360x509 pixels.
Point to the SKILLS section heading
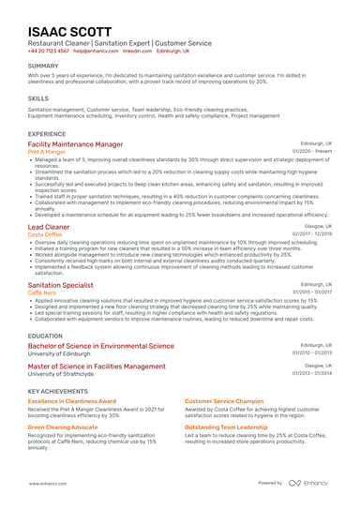pos(38,97)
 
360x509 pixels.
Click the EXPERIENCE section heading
pos(47,134)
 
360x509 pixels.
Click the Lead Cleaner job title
pos(49,227)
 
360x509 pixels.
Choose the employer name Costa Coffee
pos(46,234)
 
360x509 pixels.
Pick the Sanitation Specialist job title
pos(61,284)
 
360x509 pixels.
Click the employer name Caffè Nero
pos(43,292)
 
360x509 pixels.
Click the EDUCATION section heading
pos(46,335)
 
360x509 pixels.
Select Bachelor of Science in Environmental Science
pos(101,345)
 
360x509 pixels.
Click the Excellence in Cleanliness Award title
pos(72,400)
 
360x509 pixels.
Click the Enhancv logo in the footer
pos(309,483)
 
